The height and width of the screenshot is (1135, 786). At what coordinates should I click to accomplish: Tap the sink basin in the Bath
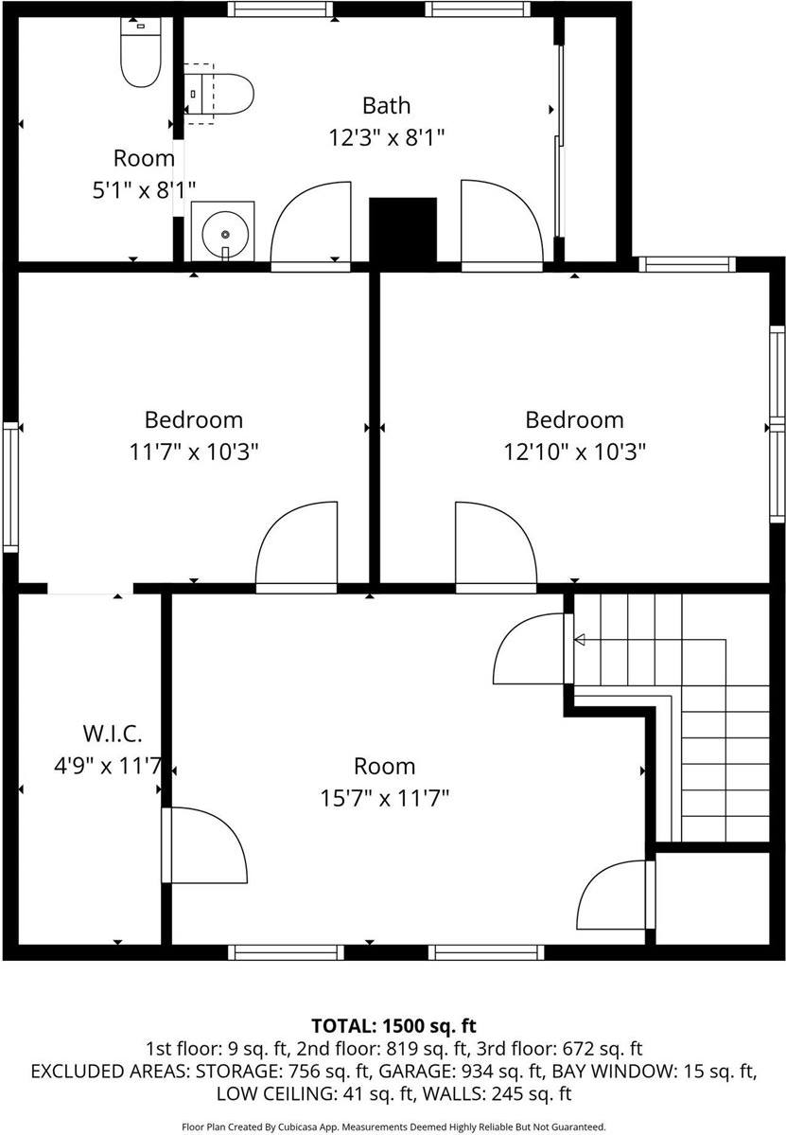point(224,231)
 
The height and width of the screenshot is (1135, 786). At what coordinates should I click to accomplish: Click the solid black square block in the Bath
point(402,230)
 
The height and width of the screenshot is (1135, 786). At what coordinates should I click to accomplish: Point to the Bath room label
point(386,104)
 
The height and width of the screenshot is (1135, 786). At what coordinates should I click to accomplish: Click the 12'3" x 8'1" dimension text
point(386,137)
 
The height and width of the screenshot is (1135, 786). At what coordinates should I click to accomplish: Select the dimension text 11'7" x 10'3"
point(194,452)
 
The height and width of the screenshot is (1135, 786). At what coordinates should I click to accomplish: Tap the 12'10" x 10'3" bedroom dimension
point(574,452)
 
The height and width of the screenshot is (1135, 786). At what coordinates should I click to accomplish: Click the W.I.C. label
point(113,733)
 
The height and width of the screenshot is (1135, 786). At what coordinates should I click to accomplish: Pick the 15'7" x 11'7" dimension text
point(384,798)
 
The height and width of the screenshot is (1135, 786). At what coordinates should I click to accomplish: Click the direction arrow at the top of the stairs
point(579,641)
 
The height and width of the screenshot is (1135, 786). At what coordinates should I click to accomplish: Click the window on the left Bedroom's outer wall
point(10,487)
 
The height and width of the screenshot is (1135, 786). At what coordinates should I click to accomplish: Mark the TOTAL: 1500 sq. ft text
point(393,1025)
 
